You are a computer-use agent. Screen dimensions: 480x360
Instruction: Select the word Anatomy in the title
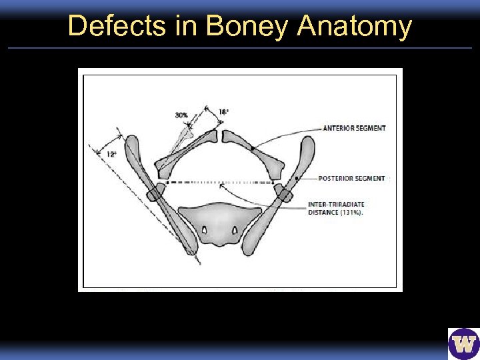(x=355, y=27)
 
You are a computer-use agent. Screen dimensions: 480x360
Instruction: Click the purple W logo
(x=463, y=344)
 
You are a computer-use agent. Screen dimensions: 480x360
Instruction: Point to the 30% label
(x=181, y=115)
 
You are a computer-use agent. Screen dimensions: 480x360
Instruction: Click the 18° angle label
(x=223, y=112)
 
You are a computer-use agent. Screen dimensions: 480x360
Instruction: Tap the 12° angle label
(x=111, y=154)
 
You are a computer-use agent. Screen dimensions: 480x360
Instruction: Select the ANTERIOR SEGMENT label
(x=354, y=128)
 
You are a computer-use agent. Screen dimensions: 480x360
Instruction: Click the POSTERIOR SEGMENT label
(x=351, y=178)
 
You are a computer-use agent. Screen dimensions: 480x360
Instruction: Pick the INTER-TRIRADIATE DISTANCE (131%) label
(x=336, y=208)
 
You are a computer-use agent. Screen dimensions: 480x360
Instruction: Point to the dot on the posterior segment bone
(x=295, y=178)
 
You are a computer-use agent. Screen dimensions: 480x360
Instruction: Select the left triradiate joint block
(x=155, y=193)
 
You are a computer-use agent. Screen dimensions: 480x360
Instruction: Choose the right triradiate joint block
(x=283, y=193)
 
